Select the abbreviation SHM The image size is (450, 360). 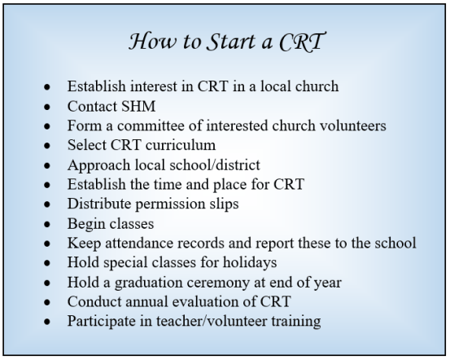coord(133,106)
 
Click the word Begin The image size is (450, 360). coord(85,223)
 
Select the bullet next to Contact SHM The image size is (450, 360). coord(51,107)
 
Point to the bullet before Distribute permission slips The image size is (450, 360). coord(51,204)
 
